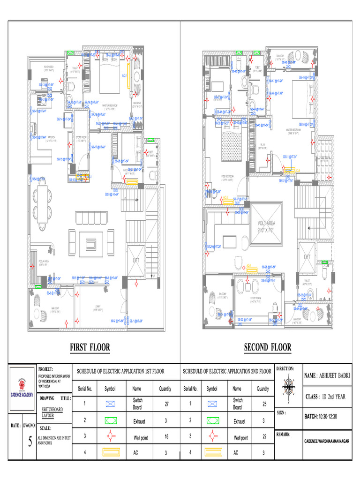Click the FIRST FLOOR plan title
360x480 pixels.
90,347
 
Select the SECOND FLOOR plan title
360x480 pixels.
267,347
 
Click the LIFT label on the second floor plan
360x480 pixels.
307,257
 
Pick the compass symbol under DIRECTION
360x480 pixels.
288,390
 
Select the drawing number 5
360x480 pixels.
30,442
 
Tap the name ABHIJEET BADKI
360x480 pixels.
327,375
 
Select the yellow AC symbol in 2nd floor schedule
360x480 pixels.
212,453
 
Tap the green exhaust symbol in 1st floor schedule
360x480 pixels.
110,421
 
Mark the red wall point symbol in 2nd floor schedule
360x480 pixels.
212,437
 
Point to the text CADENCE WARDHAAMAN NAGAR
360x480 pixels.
327,441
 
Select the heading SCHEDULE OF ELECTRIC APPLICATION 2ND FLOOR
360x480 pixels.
227,371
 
